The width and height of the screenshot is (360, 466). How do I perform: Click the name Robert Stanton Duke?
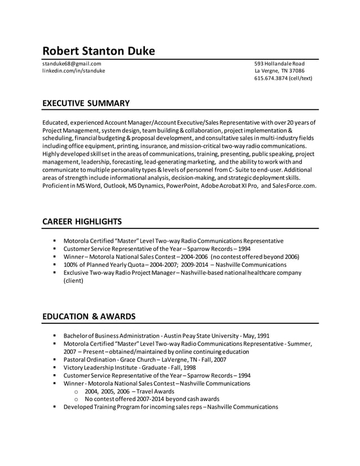[99, 51]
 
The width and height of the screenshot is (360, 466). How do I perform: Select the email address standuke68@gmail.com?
[72, 64]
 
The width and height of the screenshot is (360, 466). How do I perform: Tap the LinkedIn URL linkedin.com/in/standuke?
[73, 71]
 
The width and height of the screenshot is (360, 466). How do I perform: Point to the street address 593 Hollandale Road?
[279, 64]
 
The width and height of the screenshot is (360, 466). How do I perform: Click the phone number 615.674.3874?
[271, 78]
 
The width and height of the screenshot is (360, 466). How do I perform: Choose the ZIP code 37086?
[296, 71]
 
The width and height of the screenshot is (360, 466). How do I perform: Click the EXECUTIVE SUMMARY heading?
[86, 103]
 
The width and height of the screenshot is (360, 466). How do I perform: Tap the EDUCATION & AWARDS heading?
[89, 316]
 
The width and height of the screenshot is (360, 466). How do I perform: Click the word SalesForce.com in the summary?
[294, 186]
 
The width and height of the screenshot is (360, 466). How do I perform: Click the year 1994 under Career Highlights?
[244, 248]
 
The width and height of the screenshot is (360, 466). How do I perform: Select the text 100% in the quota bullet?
[71, 264]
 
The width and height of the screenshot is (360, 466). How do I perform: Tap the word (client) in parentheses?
[73, 280]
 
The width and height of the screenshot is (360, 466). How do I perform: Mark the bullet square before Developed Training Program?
[55, 407]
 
